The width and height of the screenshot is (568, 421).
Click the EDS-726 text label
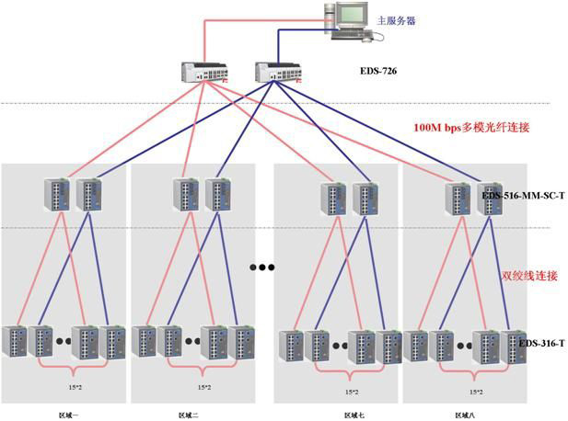[379, 70]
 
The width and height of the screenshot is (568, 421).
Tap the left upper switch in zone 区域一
[55, 195]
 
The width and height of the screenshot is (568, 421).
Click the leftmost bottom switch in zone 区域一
[17, 341]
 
